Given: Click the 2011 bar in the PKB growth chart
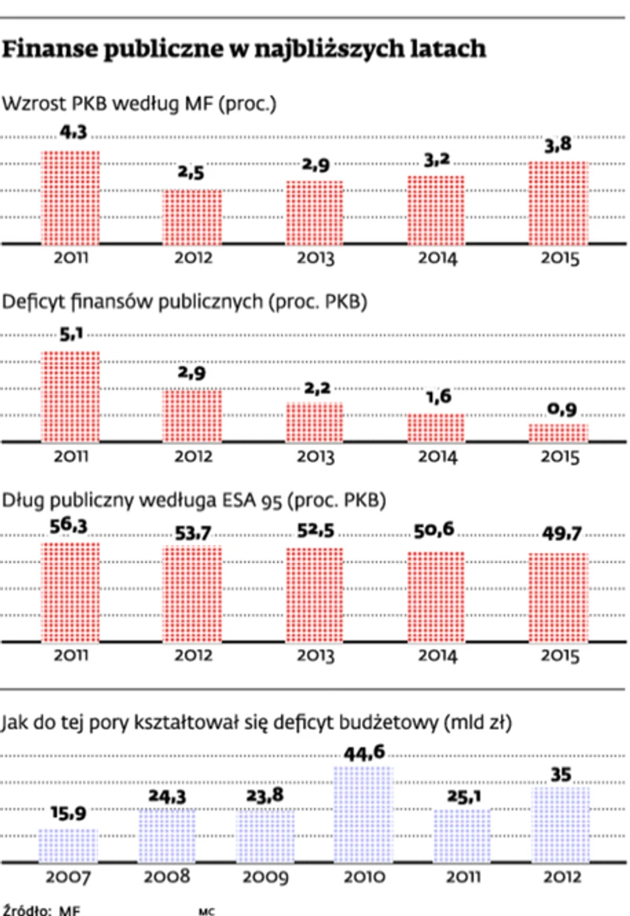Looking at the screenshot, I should [70, 197].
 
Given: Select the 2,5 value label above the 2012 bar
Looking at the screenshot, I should [191, 173].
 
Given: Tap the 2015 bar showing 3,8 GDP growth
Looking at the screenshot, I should [558, 203].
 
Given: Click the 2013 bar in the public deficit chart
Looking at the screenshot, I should [313, 422].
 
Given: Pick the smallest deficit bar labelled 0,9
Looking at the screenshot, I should [558, 433].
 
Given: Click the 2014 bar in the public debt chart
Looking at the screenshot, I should [436, 597].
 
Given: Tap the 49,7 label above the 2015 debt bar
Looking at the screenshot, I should [558, 535].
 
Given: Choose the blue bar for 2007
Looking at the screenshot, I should [69, 846].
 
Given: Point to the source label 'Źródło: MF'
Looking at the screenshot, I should [42, 910].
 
